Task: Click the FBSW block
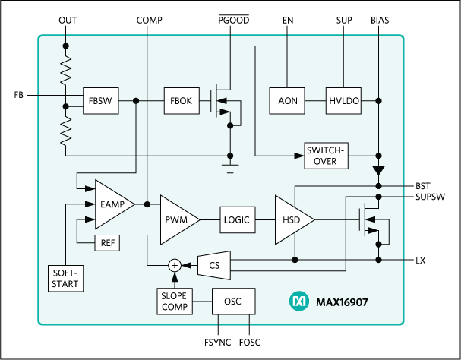click(x=100, y=100)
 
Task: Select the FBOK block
click(x=182, y=100)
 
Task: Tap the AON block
click(x=287, y=100)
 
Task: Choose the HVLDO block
click(x=344, y=100)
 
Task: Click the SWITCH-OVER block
click(x=326, y=155)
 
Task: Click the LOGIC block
click(x=236, y=219)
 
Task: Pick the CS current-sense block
click(x=213, y=264)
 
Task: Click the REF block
click(x=106, y=243)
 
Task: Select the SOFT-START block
click(x=65, y=278)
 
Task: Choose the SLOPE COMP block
click(x=174, y=302)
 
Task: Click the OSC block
click(x=233, y=302)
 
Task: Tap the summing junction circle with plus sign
click(x=174, y=265)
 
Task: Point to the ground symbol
click(x=229, y=163)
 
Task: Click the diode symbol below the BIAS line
click(x=377, y=171)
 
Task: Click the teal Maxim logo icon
click(x=298, y=302)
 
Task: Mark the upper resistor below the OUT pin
click(x=66, y=71)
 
